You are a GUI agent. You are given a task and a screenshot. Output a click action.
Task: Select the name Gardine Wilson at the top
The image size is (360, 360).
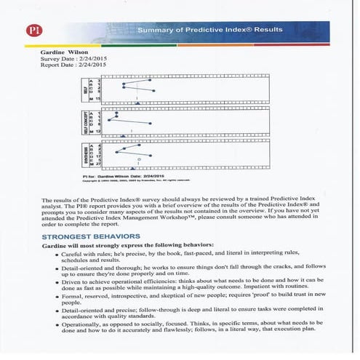tap(66, 52)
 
